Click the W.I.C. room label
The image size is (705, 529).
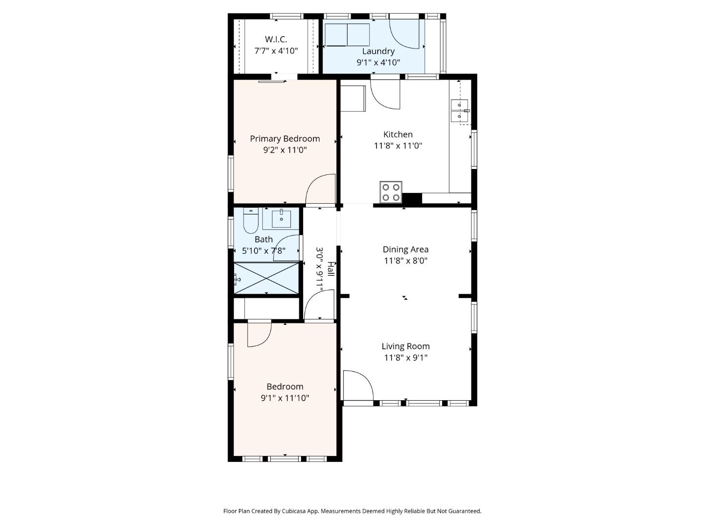pos(276,39)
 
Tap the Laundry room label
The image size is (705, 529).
pos(378,51)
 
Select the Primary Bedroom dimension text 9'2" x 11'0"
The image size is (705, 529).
pos(284,150)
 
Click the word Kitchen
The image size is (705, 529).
pos(398,134)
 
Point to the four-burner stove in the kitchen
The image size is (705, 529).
pos(391,192)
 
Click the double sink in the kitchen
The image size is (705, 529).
pos(459,110)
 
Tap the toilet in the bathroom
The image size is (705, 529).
pos(251,221)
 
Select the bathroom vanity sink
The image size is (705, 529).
pos(281,219)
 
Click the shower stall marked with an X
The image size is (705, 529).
pos(266,278)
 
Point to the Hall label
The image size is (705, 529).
pos(331,269)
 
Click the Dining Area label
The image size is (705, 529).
pos(405,249)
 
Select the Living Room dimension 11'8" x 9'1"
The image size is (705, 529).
pos(405,358)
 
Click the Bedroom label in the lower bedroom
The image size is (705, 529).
pos(284,386)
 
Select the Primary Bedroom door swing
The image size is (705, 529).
pos(321,190)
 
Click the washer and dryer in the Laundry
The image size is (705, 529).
pos(347,35)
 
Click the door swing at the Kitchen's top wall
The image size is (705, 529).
pos(386,94)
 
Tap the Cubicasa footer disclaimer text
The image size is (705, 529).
pos(352,511)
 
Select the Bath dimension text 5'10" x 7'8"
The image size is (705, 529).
pos(263,251)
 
